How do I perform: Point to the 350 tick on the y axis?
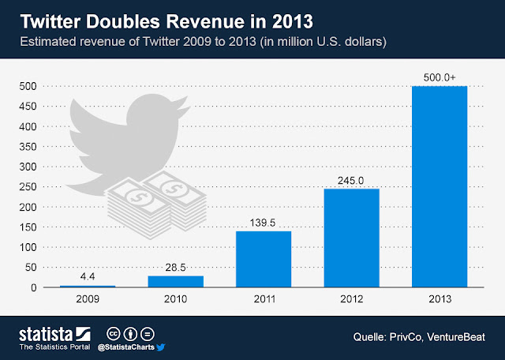point(26,147)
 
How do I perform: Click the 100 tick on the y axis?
point(26,248)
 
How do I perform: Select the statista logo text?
point(46,332)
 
